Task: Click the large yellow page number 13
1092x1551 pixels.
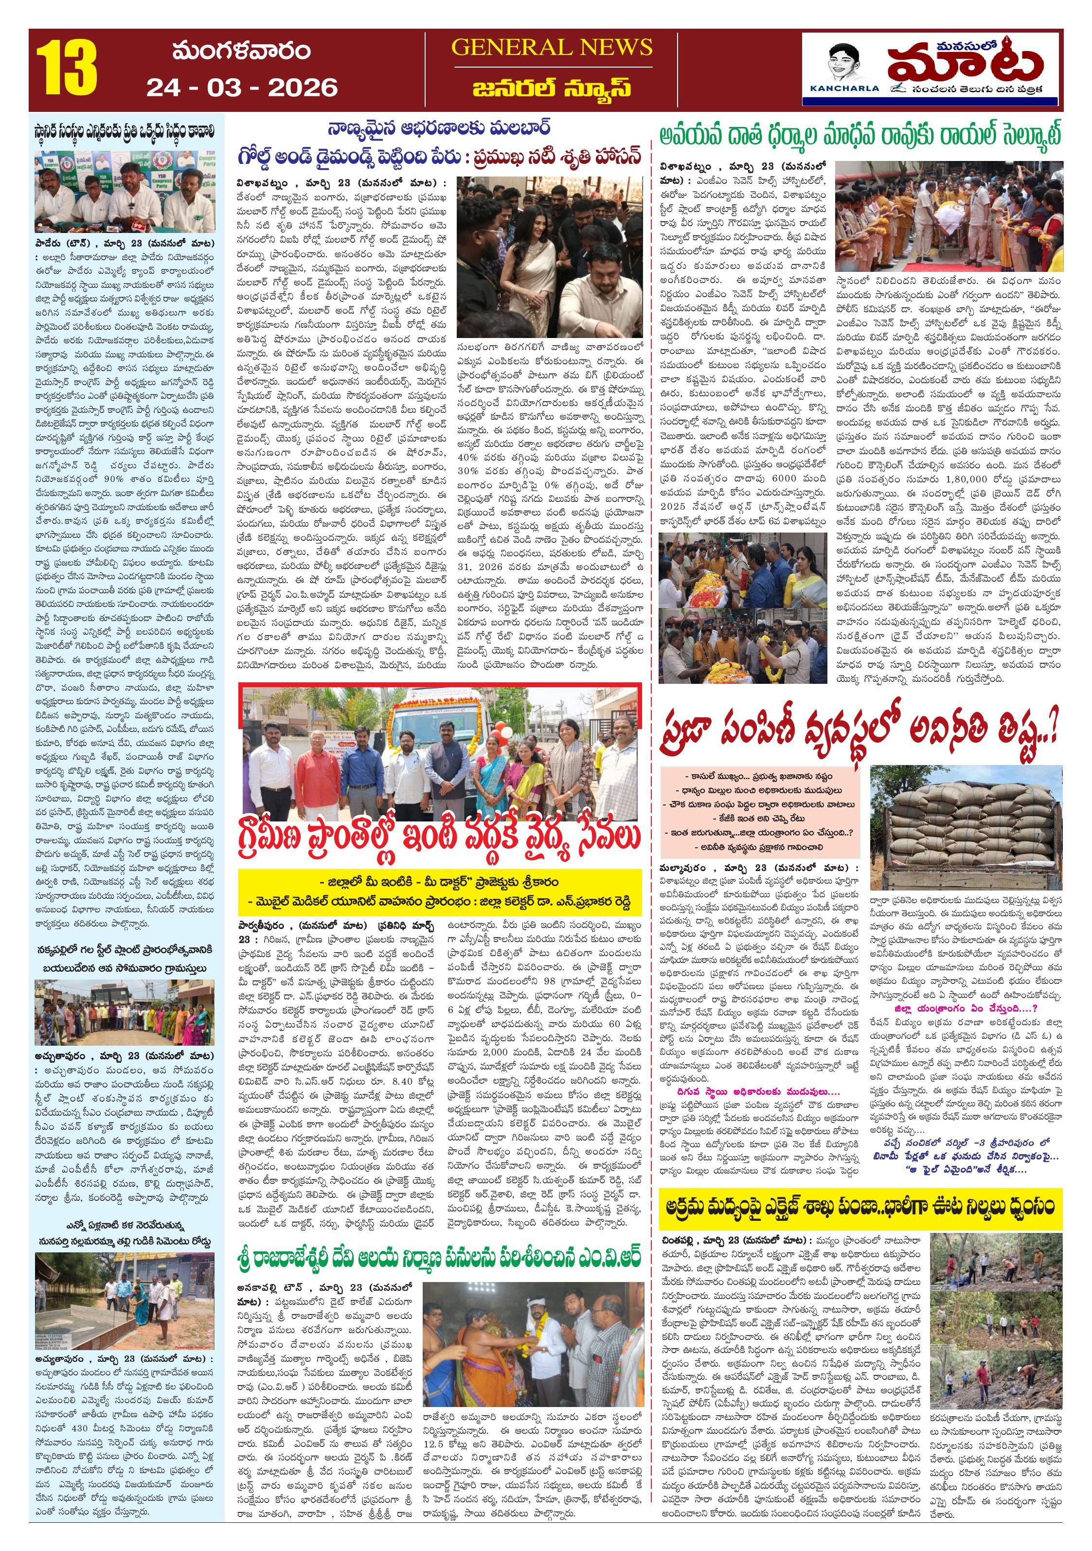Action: click(66, 69)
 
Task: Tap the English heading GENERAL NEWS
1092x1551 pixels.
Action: click(552, 47)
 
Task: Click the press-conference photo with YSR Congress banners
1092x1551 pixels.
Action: click(125, 191)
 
